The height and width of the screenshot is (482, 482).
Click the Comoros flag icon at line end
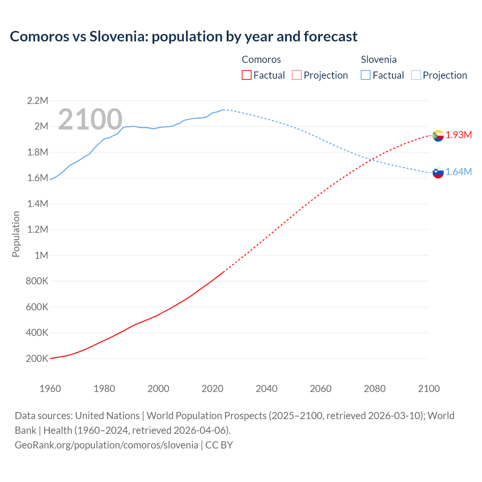pyautogui.click(x=438, y=135)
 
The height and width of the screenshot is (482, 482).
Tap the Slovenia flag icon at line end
pyautogui.click(x=438, y=172)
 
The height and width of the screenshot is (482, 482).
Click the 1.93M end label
pyautogui.click(x=459, y=135)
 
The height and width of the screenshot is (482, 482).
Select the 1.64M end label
pyautogui.click(x=459, y=172)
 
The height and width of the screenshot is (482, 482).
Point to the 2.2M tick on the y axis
pyautogui.click(x=38, y=101)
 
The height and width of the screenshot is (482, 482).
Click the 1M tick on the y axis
pyautogui.click(x=41, y=255)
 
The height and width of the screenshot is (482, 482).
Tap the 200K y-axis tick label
pyautogui.click(x=37, y=358)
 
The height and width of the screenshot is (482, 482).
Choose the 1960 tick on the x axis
pyautogui.click(x=50, y=389)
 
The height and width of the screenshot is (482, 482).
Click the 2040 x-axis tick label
pyautogui.click(x=267, y=389)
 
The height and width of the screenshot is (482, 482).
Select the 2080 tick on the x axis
pyautogui.click(x=375, y=389)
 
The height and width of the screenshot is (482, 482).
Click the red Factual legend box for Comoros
pyautogui.click(x=247, y=75)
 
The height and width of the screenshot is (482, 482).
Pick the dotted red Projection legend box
pyautogui.click(x=297, y=75)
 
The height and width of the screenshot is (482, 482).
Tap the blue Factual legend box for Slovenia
pyautogui.click(x=366, y=75)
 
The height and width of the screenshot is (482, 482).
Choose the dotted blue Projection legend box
pyautogui.click(x=416, y=75)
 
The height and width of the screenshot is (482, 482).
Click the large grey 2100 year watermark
pyautogui.click(x=90, y=119)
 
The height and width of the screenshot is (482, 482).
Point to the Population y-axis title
pyautogui.click(x=16, y=234)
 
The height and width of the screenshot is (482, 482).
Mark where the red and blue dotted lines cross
pyautogui.click(x=370, y=159)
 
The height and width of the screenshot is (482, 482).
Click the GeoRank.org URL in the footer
pyautogui.click(x=107, y=445)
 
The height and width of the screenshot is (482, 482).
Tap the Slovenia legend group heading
pyautogui.click(x=378, y=59)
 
